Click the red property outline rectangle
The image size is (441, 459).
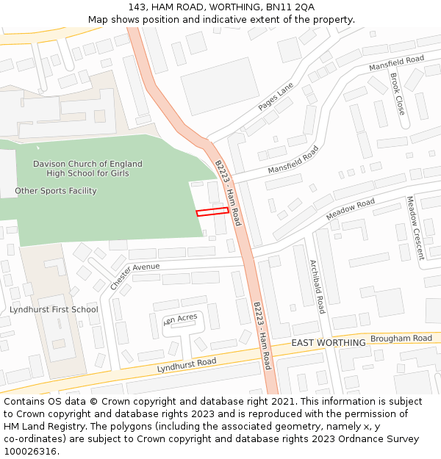pos(212,212)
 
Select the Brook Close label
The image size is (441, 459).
pos(397,93)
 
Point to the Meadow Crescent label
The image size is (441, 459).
pos(415,228)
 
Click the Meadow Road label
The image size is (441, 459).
pos(351,209)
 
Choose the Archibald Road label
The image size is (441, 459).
pos(317,286)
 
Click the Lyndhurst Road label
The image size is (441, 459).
pos(187,365)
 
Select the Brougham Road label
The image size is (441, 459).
pos(401,339)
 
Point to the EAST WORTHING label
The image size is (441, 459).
pos(329,343)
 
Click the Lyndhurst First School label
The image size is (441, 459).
pos(54,309)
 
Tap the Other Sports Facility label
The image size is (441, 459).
pos(56,191)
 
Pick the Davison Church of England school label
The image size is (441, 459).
pos(88,168)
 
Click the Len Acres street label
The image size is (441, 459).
pos(181,319)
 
